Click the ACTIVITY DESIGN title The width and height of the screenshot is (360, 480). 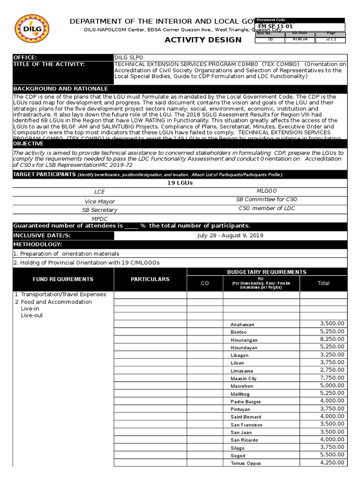(203, 40)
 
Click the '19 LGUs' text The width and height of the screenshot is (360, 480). (180, 183)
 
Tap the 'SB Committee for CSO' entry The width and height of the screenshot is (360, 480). (267, 200)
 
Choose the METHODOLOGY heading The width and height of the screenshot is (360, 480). (37, 245)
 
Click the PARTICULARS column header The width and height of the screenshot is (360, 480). (150, 279)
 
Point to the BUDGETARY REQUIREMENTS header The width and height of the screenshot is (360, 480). (267, 272)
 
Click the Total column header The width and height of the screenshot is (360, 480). (323, 283)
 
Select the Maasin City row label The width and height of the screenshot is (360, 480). (244, 378)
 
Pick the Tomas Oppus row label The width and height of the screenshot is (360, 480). (245, 463)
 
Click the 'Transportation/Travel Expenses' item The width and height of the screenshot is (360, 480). (63, 294)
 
